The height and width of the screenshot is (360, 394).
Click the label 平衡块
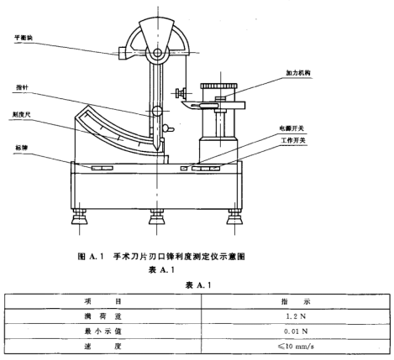pos(24,37)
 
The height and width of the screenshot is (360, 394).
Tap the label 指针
pos(22,87)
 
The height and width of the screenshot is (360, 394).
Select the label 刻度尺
pos(21,114)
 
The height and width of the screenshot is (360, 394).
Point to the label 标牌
pos(22,148)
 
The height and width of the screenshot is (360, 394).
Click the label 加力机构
pos(298,73)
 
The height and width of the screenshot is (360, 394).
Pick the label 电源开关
pos(292,128)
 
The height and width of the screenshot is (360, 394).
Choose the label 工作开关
pos(293,141)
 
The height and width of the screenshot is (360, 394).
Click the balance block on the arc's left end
pos(123,53)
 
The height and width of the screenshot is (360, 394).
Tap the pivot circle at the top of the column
pos(157,53)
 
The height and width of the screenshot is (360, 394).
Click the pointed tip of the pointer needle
pos(158,151)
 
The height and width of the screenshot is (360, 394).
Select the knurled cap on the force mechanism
pos(219,86)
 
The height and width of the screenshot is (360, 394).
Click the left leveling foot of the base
pos(80,217)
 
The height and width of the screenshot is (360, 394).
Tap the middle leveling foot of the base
pos(157,217)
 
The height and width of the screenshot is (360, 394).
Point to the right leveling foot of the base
pos(234,217)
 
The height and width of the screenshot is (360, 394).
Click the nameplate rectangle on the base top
pos(102,168)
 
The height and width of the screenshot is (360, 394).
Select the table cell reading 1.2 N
pos(296,316)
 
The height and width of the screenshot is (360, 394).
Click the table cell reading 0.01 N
pos(296,331)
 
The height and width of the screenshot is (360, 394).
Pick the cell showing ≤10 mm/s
pos(296,347)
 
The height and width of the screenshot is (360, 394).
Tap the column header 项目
pos(102,301)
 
